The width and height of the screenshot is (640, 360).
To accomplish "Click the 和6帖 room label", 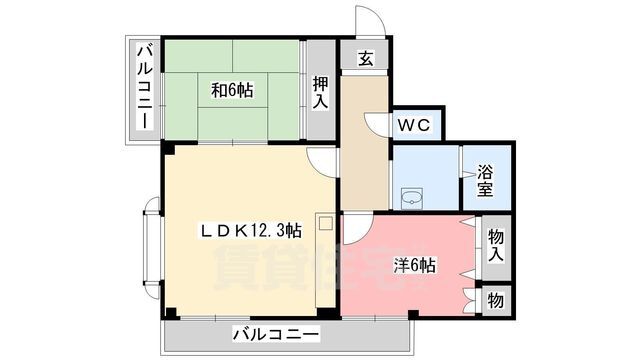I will tap(232, 91).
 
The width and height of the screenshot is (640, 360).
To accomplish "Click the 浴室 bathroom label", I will tap(484, 179).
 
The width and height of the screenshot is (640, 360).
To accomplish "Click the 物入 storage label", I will tap(495, 245).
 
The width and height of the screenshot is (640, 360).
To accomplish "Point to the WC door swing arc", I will tap(377, 122).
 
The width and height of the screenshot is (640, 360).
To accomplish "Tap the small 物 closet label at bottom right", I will tap(495, 298).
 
